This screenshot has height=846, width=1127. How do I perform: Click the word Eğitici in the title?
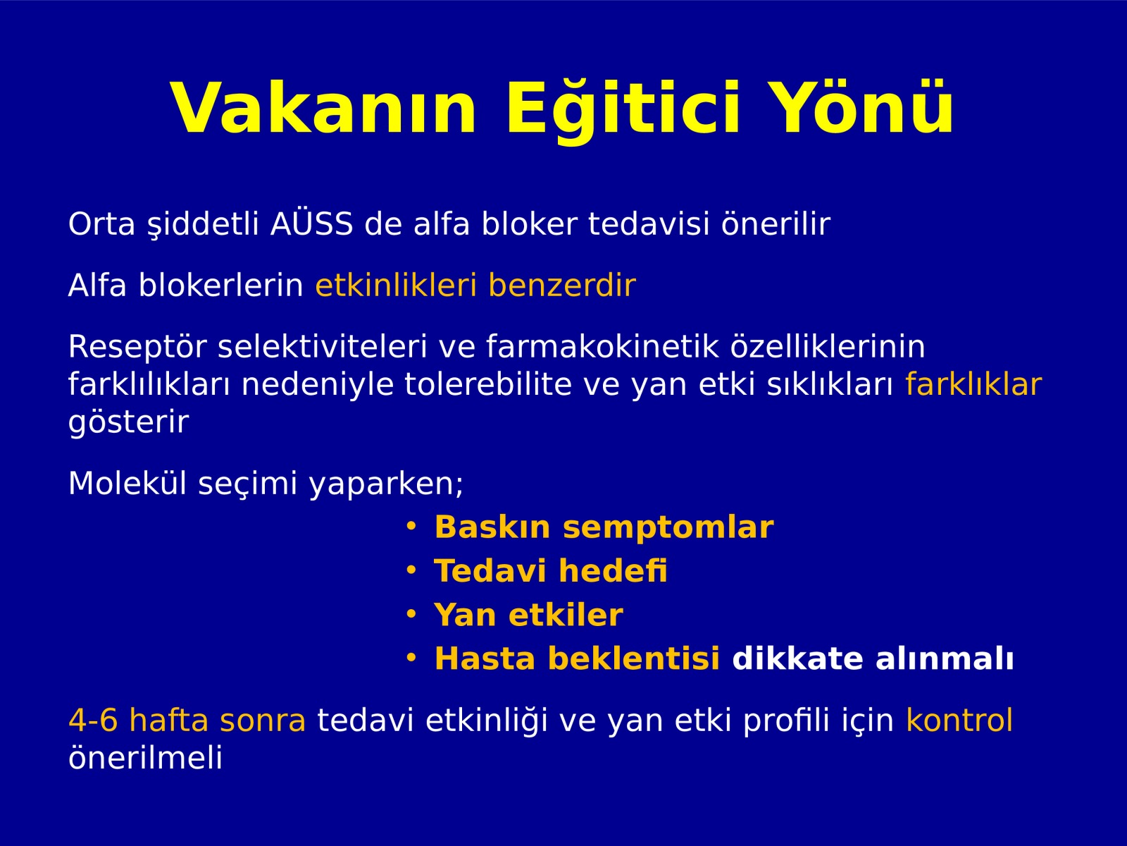[x=623, y=109]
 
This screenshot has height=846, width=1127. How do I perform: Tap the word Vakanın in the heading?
[x=323, y=108]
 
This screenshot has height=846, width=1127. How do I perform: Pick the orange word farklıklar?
[x=973, y=384]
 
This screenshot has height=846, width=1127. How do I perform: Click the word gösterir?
[x=128, y=423]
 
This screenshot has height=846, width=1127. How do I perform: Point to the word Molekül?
[x=127, y=484]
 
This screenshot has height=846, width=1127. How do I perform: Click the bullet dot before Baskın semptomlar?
[x=411, y=526]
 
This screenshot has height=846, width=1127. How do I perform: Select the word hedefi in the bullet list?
[x=613, y=570]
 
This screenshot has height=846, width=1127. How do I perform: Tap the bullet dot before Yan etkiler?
[x=411, y=614]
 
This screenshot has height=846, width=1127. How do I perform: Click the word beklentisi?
[x=633, y=658]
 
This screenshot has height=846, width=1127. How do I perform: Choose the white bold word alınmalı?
[x=945, y=658]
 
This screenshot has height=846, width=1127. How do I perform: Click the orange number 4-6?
[x=93, y=720]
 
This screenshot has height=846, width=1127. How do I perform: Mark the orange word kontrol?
[x=959, y=720]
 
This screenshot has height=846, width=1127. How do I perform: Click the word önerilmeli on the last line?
[x=145, y=757]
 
